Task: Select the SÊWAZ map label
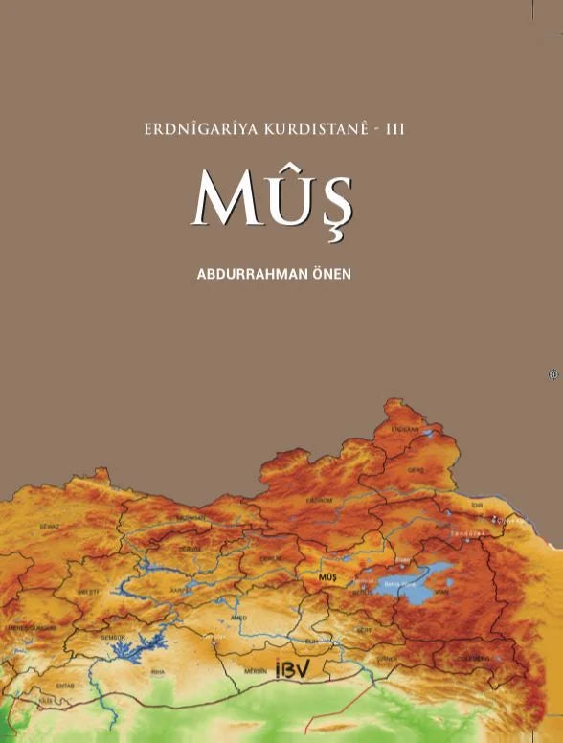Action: pyautogui.click(x=49, y=526)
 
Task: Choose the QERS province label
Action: pyautogui.click(x=415, y=471)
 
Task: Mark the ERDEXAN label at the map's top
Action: pyautogui.click(x=408, y=430)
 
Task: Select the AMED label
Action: pyautogui.click(x=239, y=618)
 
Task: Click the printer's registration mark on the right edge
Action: pyautogui.click(x=552, y=374)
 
